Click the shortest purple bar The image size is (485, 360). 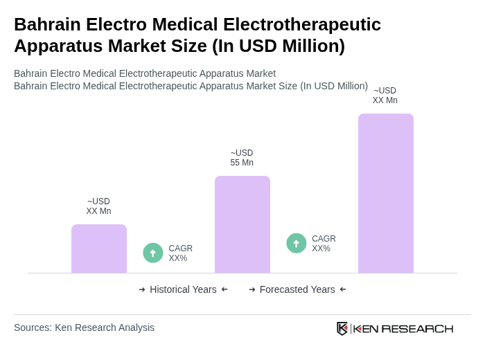99,249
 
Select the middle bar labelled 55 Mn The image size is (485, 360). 242,224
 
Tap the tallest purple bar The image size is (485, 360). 386,193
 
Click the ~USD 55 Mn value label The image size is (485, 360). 242,158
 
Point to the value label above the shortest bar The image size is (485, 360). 98,206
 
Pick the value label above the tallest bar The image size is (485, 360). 385,96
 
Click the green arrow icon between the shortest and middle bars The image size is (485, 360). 153,253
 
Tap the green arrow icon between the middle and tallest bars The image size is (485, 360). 297,243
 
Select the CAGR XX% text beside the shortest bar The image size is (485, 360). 181,253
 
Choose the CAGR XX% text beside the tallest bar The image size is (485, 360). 324,244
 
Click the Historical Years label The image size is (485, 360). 183,289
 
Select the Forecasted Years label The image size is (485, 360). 297,289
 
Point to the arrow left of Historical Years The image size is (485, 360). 142,289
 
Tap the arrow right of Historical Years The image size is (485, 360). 224,289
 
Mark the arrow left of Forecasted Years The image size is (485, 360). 252,289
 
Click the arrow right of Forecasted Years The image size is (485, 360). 343,289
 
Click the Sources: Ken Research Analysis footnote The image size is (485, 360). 84,327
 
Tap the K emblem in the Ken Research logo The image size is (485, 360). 342,328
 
